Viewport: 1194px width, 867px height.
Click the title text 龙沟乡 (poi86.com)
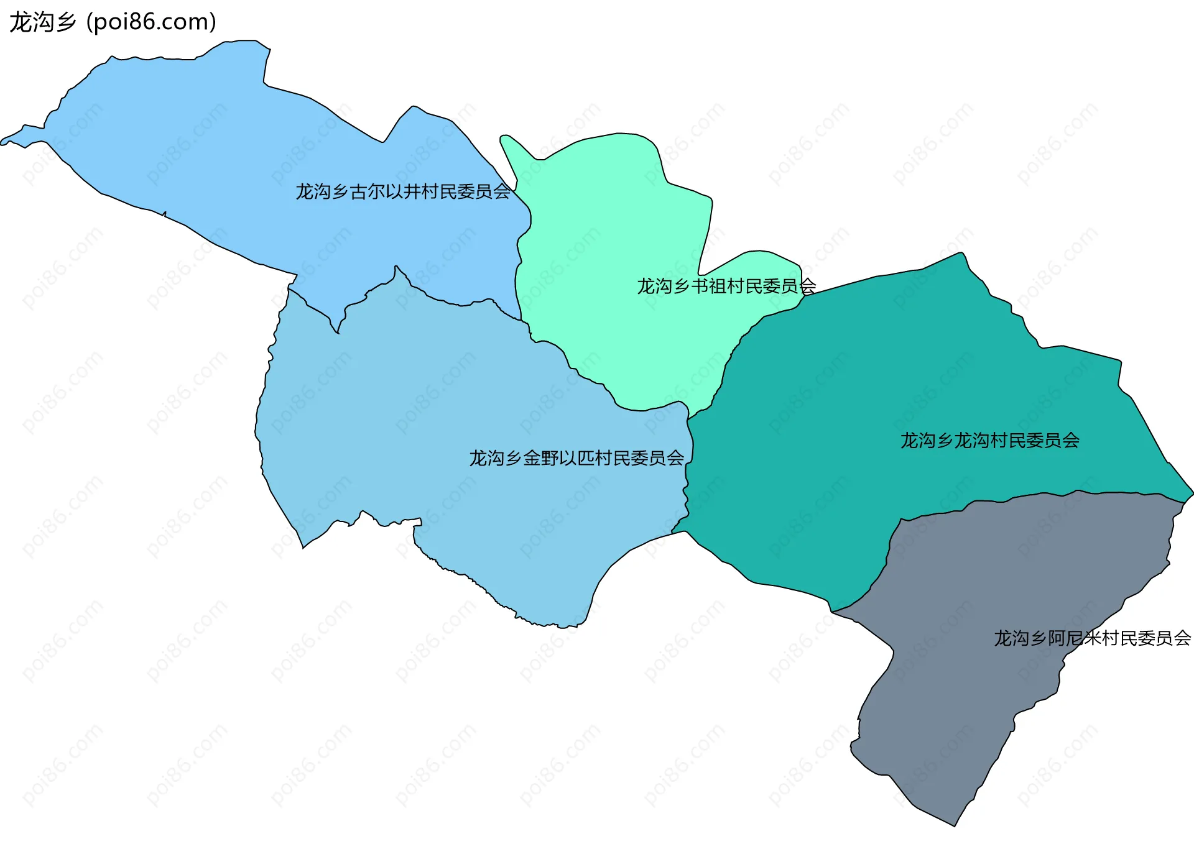coord(113,22)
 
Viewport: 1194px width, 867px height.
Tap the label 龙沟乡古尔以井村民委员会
coord(403,191)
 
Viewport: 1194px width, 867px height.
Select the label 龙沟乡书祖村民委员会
coord(726,286)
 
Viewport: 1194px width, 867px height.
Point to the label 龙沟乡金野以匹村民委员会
coord(576,458)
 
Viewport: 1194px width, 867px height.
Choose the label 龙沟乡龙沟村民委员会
coord(990,441)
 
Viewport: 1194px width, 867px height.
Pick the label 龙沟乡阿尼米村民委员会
coord(1092,638)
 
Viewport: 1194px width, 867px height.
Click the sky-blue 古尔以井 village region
coord(249,155)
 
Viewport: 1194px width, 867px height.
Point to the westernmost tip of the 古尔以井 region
coord(2,143)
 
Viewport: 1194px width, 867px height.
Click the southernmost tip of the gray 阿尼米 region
coord(955,826)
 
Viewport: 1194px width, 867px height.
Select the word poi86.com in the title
coord(152,22)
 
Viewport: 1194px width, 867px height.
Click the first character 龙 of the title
coord(20,22)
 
